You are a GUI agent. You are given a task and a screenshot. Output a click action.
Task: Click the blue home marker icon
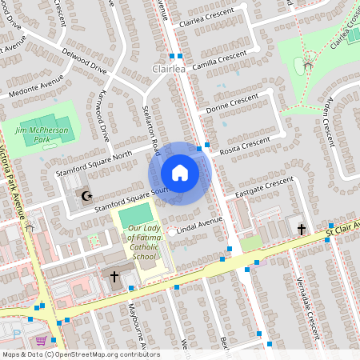(x=180, y=173)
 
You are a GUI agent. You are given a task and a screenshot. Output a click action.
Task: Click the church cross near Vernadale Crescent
(x=301, y=229)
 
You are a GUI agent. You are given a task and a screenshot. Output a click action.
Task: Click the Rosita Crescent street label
(x=244, y=144)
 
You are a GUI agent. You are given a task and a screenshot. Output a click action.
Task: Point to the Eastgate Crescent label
(x=259, y=188)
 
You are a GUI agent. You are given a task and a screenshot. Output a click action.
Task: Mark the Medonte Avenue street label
(x=36, y=88)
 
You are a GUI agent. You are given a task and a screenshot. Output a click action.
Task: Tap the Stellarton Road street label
(x=150, y=130)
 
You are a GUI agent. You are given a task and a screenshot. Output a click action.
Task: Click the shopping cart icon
(x=40, y=340)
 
